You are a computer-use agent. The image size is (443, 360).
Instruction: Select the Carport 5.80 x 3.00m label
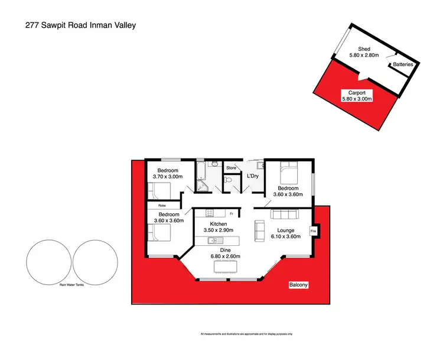point(357,96)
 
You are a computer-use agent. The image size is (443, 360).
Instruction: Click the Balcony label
point(299,285)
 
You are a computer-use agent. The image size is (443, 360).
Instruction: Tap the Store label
point(232,168)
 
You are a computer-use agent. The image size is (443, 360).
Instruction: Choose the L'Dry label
point(252,176)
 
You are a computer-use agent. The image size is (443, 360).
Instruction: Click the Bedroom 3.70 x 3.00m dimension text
point(169,176)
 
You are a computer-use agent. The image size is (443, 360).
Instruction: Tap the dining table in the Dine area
point(223,267)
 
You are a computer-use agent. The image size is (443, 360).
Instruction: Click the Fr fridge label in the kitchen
point(231,213)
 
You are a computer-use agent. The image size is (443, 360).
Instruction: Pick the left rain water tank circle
point(48,261)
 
